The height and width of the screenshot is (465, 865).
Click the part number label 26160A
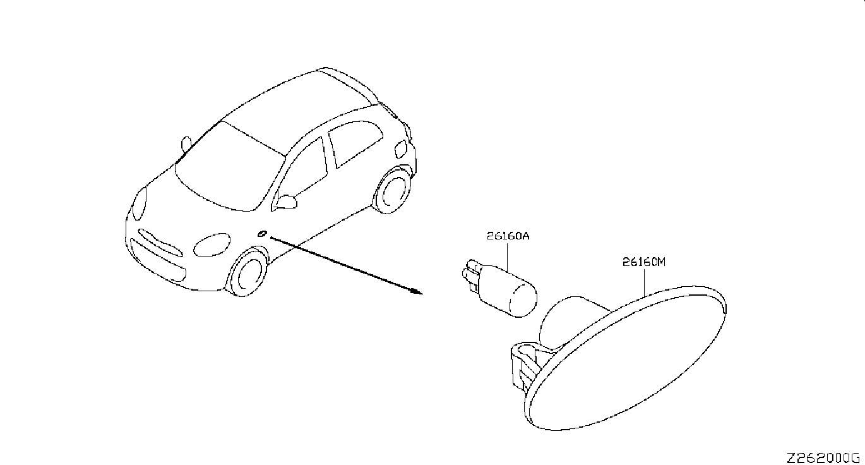point(508,237)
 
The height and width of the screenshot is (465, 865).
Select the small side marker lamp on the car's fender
point(263,234)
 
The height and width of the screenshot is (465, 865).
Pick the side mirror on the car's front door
point(285,202)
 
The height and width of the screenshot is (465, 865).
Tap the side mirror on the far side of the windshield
point(186,143)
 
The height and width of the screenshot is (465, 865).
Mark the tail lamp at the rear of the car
point(401,149)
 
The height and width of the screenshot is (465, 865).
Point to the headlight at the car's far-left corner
point(139,203)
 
